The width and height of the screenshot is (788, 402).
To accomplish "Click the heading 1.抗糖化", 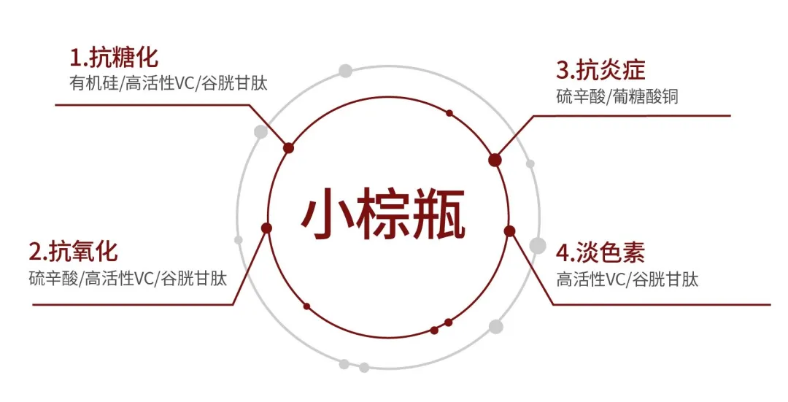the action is [114, 57].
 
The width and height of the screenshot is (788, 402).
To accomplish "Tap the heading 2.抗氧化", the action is [73, 252].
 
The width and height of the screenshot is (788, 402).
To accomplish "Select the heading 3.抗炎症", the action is [600, 71].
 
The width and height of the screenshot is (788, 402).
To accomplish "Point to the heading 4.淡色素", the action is [600, 253].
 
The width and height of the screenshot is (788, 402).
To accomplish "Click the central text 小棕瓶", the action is [384, 215].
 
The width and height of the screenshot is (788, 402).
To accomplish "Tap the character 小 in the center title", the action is [328, 215].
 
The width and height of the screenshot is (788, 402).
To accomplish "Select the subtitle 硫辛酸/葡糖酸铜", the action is [617, 96].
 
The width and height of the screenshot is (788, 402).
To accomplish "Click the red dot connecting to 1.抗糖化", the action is [288, 148].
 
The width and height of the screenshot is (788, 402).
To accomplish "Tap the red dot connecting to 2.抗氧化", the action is [266, 228].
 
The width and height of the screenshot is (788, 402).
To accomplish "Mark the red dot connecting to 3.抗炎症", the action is [495, 160].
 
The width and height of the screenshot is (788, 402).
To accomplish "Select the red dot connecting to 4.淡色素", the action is [509, 231].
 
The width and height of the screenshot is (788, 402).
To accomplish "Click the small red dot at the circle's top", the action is [449, 113].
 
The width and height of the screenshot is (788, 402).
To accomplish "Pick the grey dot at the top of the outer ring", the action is [345, 71].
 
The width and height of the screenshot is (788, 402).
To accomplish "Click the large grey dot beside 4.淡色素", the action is [537, 245].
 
